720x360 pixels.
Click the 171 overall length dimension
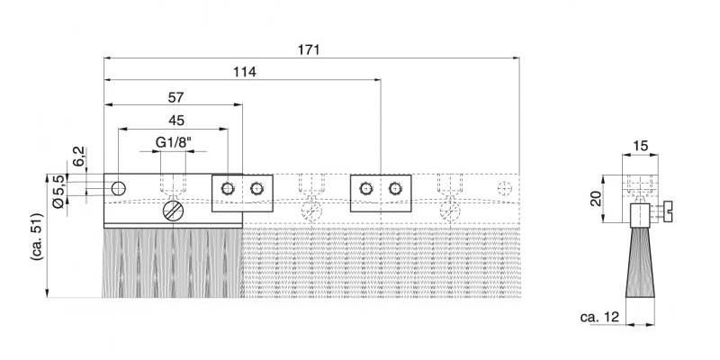pos(309,49)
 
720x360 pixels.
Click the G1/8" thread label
pos(173,142)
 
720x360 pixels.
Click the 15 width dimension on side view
pos(641,146)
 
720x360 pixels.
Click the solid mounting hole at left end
pos(118,187)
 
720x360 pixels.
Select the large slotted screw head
pos(173,212)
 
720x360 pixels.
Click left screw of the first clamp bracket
pos(226,187)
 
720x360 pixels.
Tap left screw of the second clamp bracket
pos(364,187)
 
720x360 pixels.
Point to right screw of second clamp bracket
pos(394,187)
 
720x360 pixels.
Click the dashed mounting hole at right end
pos(504,187)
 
